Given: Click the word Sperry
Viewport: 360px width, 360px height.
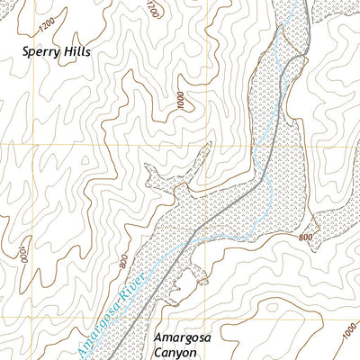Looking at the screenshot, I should [x=41, y=52].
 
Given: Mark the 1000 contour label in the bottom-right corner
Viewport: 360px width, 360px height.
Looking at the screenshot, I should [x=347, y=339].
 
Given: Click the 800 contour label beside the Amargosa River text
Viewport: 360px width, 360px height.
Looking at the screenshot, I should [x=122, y=262].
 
